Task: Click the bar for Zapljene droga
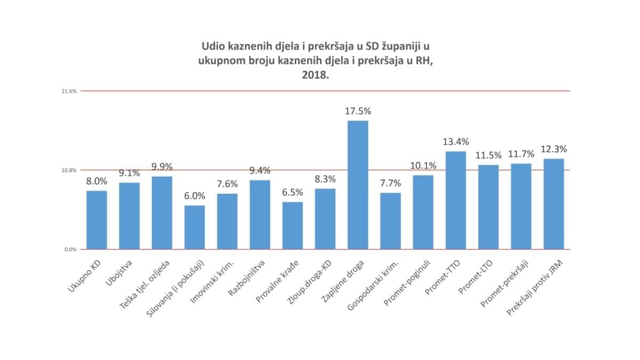point(358,185)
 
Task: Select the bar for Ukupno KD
point(97,220)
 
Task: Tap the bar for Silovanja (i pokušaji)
point(195,227)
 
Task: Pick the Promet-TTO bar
point(456,200)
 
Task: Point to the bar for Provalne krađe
point(292,225)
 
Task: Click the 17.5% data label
point(358,111)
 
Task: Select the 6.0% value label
point(195,196)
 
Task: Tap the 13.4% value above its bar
point(456,142)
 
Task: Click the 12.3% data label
point(554,149)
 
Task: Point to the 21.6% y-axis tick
point(70,91)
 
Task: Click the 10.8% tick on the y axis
point(70,171)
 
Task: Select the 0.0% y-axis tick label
point(70,250)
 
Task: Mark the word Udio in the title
point(211,45)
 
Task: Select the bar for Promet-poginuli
point(423,212)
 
